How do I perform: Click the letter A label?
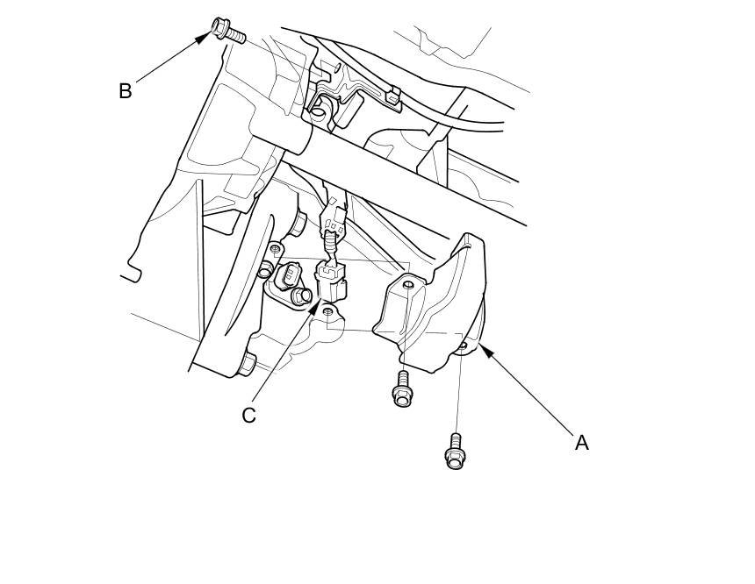pos(581,444)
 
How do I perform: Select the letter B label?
pos(126,91)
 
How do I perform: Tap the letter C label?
pos(249,415)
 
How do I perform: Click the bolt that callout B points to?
pos(226,31)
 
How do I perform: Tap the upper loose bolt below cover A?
pos(402,388)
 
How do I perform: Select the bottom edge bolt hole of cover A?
pos(463,346)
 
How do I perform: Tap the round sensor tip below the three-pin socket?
pos(304,298)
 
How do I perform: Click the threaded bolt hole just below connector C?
pos(328,312)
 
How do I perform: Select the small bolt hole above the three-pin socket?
pos(276,250)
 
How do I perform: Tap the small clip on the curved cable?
pos(392,95)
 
